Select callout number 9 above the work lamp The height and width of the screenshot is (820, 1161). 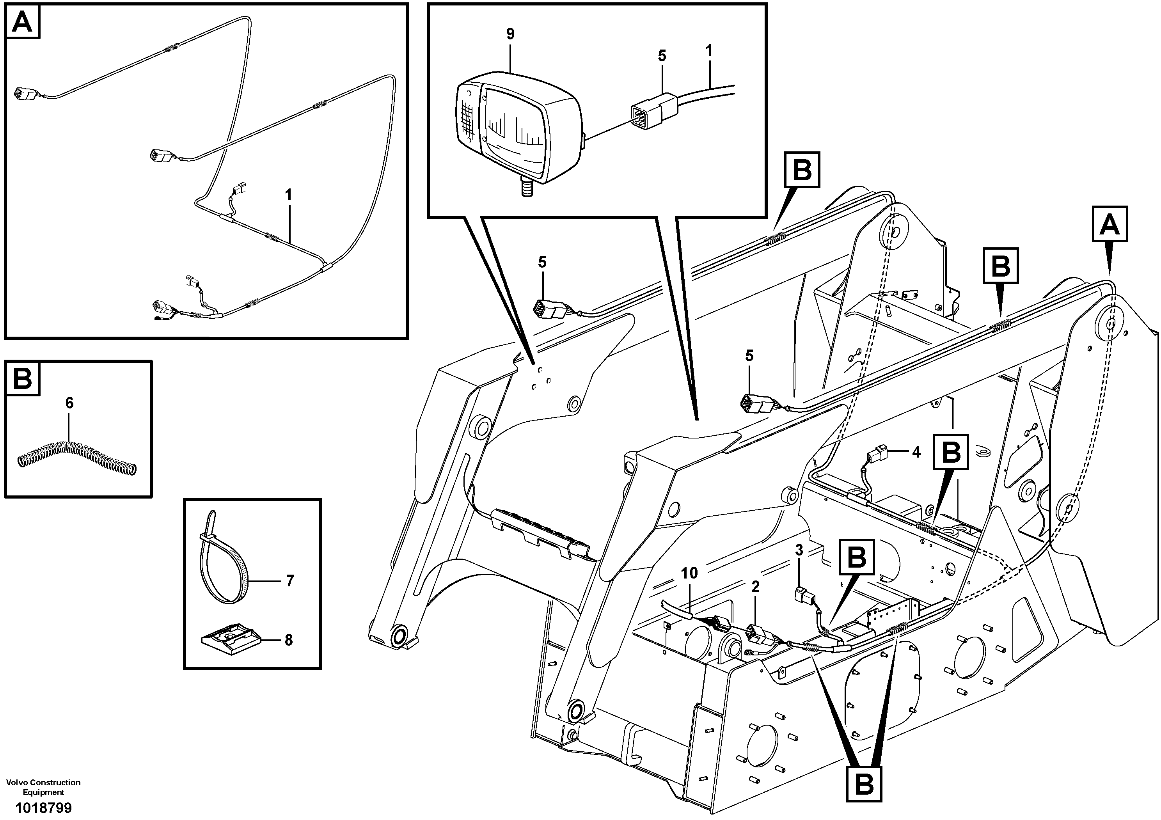510,34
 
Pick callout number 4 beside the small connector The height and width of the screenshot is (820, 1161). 916,452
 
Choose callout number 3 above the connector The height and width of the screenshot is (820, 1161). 799,550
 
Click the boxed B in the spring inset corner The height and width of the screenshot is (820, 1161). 22,378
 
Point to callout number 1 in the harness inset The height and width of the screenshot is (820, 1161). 288,195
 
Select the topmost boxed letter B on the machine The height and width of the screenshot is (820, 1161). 802,170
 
